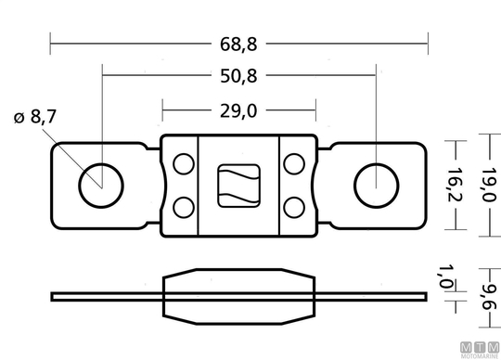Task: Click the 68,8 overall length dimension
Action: pos(238,45)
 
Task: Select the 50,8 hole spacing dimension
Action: pos(238,76)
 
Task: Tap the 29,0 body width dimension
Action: pos(238,111)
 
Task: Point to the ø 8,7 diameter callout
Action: pos(35,116)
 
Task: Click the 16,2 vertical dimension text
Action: pos(455,185)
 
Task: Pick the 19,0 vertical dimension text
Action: pos(489,185)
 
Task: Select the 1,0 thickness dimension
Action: pos(444,276)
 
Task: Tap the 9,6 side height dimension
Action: pos(489,297)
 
